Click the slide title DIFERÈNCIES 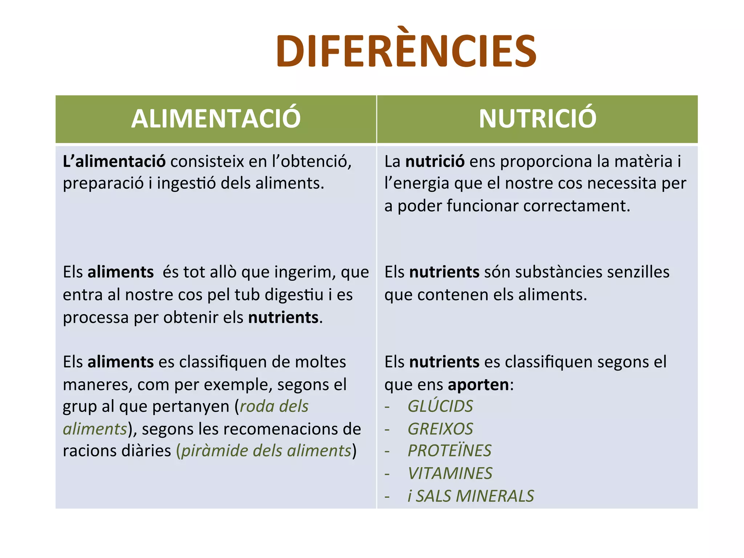[406, 51]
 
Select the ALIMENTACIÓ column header [216, 118]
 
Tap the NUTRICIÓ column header [537, 118]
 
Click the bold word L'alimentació [114, 162]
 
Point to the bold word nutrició [434, 162]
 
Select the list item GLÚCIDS [440, 407]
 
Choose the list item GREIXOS [440, 429]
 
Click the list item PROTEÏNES [449, 451]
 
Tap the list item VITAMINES [450, 474]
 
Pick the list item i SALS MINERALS [471, 496]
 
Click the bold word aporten [478, 385]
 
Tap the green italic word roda [256, 407]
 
